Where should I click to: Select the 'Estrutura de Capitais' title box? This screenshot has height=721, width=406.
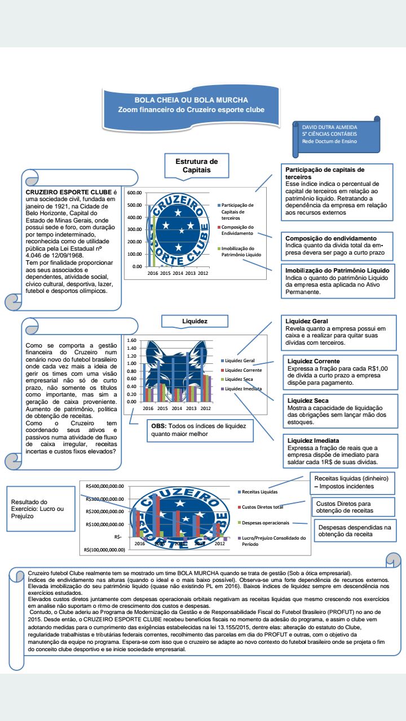[193, 165]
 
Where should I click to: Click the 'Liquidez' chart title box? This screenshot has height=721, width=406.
[195, 321]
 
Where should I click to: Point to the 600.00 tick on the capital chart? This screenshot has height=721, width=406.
[135, 193]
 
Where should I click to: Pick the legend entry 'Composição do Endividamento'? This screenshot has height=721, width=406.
[237, 230]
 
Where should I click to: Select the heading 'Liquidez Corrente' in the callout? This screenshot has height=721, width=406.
[314, 361]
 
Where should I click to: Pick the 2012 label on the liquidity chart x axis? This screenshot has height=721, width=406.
[205, 408]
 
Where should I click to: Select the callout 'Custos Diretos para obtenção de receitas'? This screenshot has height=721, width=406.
[345, 506]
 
